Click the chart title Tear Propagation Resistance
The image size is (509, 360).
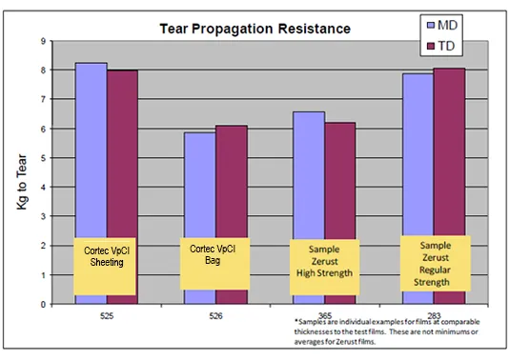254,29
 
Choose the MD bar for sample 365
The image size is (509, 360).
308,171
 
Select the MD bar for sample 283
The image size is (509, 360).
417,152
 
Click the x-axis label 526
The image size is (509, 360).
214,314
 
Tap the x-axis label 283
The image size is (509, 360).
432,314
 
